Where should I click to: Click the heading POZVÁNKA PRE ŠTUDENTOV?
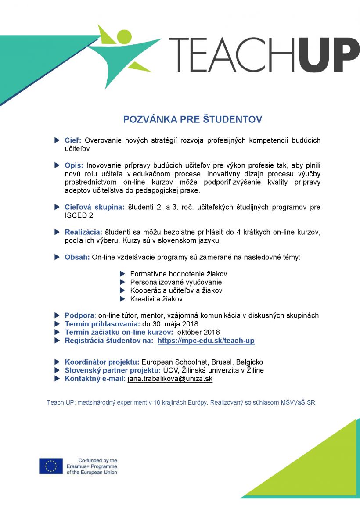(x=193, y=119)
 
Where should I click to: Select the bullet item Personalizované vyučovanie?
(x=176, y=283)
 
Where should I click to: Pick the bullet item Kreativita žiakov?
(x=156, y=299)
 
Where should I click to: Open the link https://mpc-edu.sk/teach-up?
(x=206, y=341)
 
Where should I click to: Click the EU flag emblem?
(x=51, y=466)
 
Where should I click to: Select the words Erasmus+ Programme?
(x=92, y=466)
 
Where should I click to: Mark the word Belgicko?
(x=249, y=362)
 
